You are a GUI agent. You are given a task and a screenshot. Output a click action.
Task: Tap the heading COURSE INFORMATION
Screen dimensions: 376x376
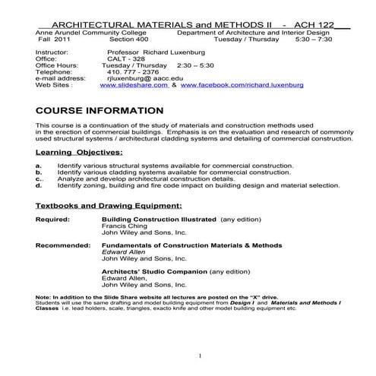click(x=100, y=111)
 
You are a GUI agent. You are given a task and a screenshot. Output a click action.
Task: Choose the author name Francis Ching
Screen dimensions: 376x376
click(x=122, y=226)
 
